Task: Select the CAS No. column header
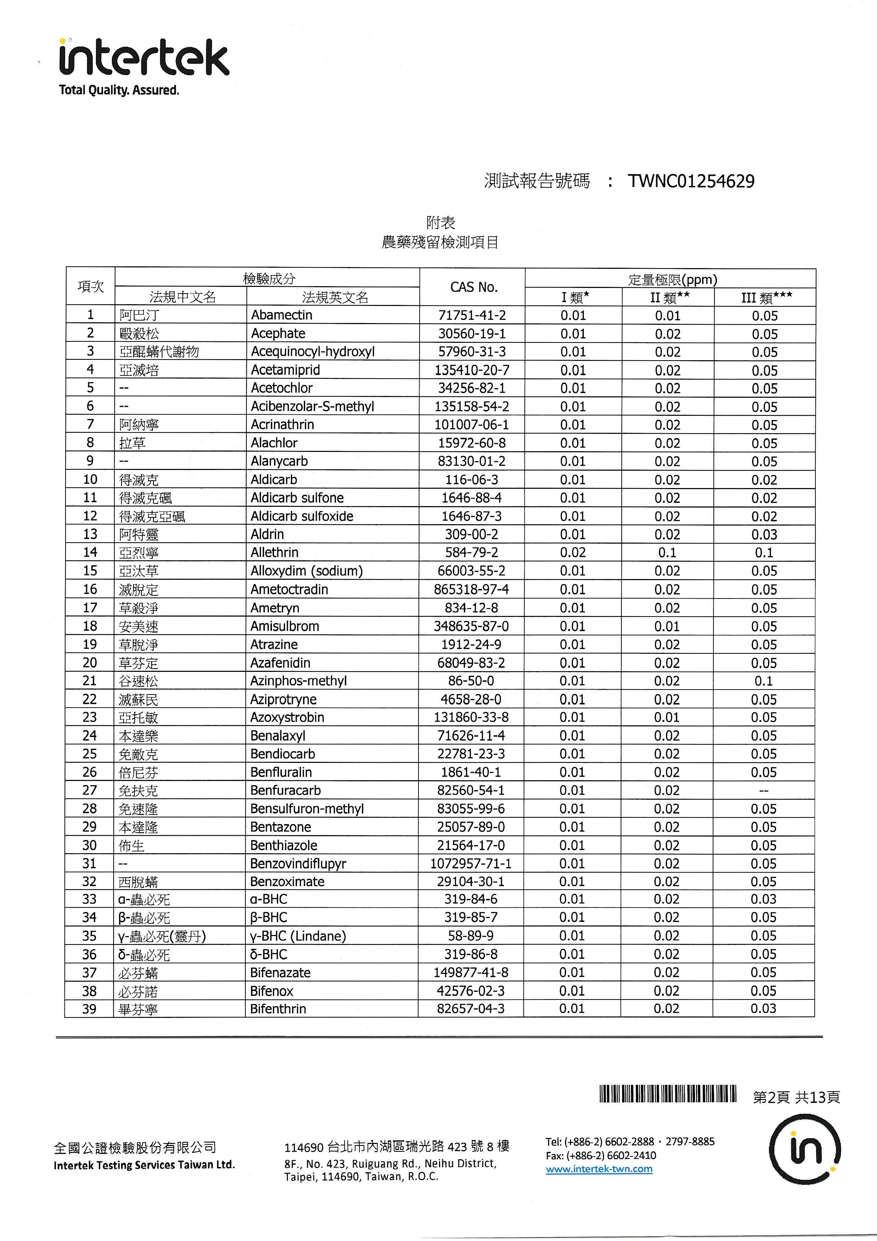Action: (473, 287)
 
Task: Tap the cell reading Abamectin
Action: (281, 315)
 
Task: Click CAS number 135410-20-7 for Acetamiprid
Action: (472, 370)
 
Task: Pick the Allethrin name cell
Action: (274, 552)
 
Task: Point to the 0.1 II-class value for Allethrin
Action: (667, 552)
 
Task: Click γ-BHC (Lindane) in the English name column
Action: (298, 936)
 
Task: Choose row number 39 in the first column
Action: (89, 1009)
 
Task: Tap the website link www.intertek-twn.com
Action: (599, 1169)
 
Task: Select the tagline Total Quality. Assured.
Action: (119, 90)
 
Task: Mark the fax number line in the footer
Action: (600, 1156)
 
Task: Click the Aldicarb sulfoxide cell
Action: (302, 516)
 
